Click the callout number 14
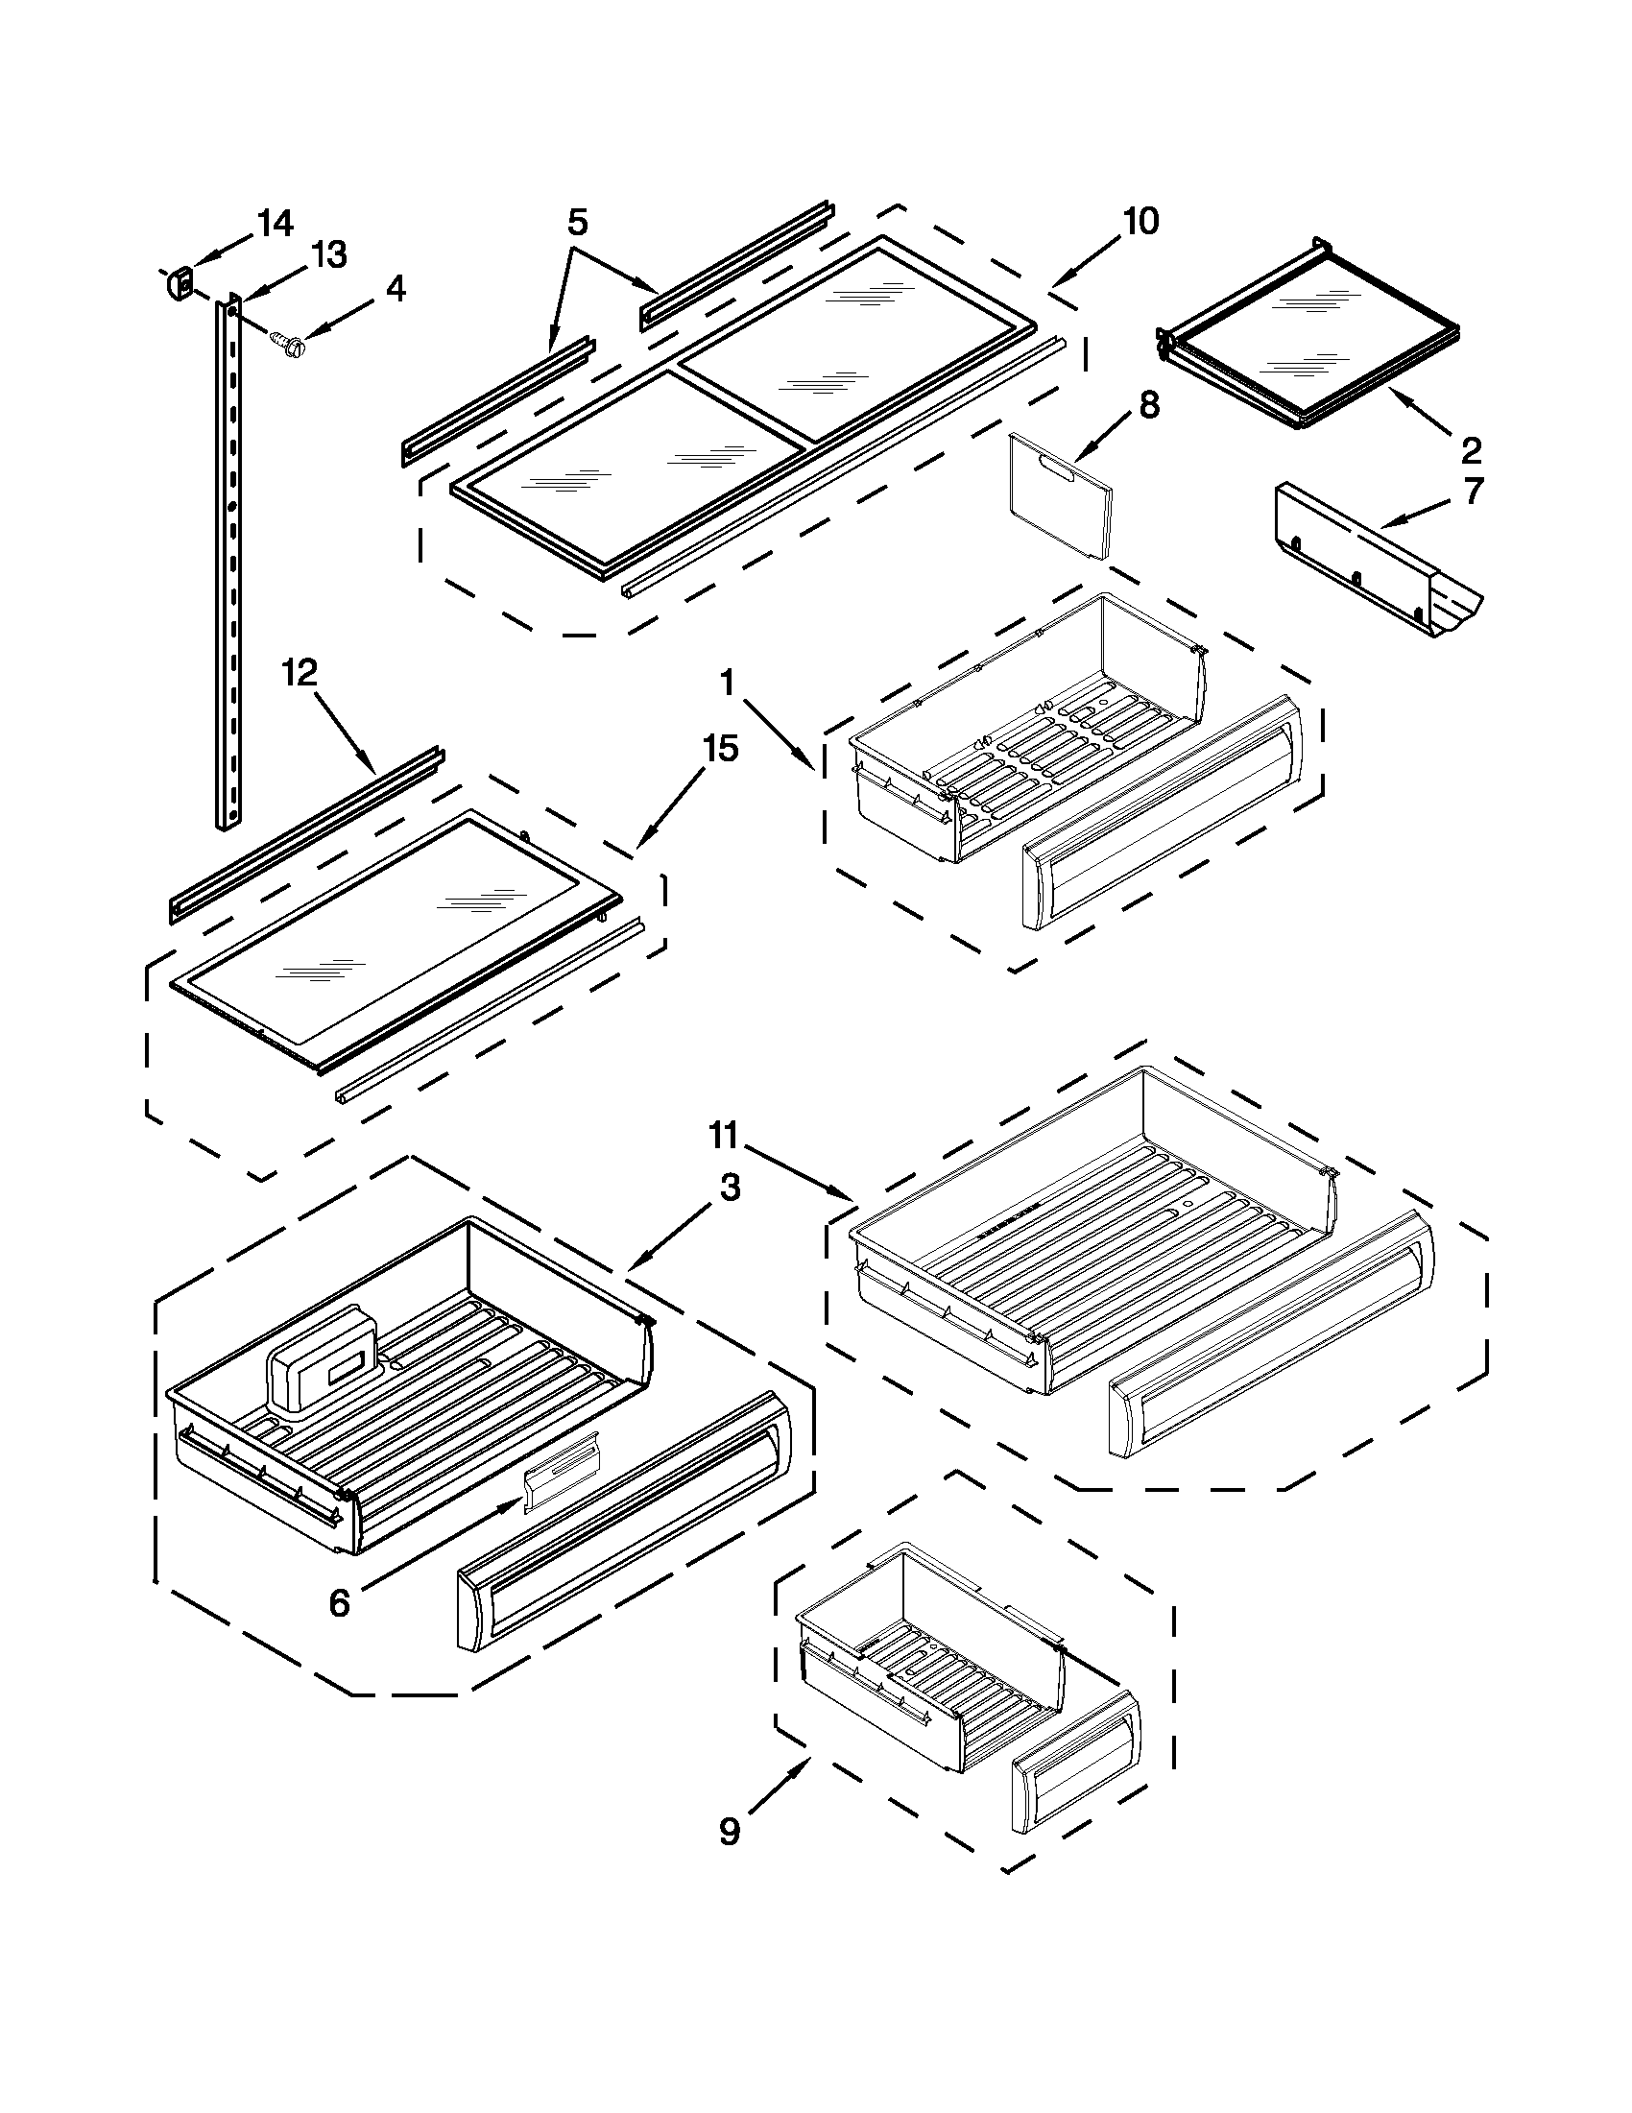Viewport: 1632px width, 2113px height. pos(275,224)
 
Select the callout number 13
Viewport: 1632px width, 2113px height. pos(328,255)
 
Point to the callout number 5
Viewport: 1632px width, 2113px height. pos(577,223)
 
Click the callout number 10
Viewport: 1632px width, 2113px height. pos(1140,222)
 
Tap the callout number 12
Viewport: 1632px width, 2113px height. pos(300,673)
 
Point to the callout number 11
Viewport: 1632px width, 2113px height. pos(724,1134)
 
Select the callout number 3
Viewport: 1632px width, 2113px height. pos(730,1188)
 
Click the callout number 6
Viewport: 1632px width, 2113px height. pos(339,1603)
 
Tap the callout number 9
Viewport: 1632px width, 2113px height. pos(730,1832)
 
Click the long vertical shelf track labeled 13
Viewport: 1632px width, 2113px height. pos(228,562)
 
